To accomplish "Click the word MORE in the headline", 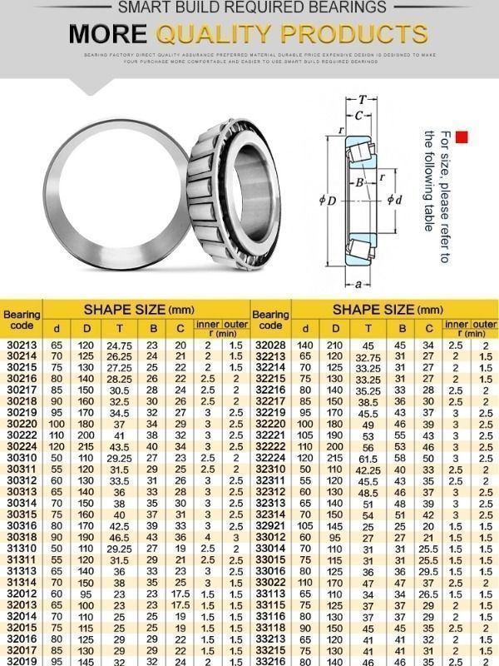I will coord(107,33).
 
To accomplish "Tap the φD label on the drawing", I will coord(327,201).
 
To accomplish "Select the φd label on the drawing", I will coord(395,200).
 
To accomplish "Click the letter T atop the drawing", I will coord(363,101).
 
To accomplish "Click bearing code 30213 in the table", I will coord(22,344).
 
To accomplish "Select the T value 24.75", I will coord(120,344).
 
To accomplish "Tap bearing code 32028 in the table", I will coord(270,344).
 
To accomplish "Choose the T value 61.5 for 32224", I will coord(368,458).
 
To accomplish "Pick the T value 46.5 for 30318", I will coord(120,538).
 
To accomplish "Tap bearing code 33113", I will coord(270,594).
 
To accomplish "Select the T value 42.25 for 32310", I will coord(368,470).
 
